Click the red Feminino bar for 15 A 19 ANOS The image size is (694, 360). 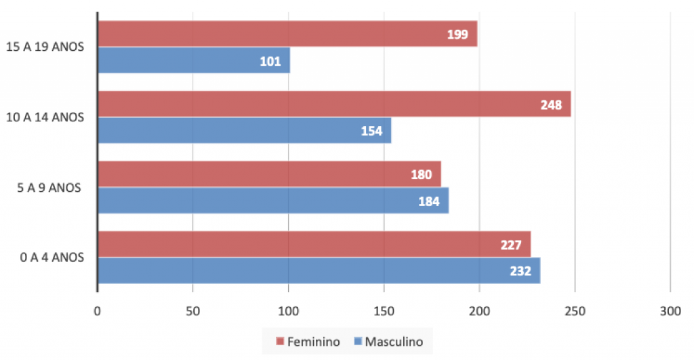point(287,34)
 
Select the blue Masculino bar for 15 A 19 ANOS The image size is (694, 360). point(194,60)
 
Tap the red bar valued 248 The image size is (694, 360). point(334,104)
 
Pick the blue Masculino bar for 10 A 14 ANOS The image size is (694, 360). point(245,130)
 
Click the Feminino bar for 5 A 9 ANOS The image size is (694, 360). point(269,174)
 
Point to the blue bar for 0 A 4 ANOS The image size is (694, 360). point(319,271)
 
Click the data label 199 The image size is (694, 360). point(457,34)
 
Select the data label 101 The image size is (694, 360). point(270,61)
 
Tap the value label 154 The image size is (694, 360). point(372,131)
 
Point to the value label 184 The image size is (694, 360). point(429,201)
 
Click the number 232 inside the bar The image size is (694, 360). point(520,271)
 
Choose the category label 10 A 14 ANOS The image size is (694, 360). point(45,117)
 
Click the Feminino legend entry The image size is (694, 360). point(308,342)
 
